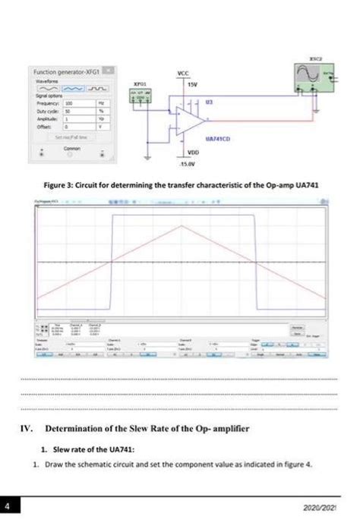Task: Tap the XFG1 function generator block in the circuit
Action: point(140,96)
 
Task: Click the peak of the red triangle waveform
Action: point(182,225)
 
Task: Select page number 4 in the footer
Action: point(7,505)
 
